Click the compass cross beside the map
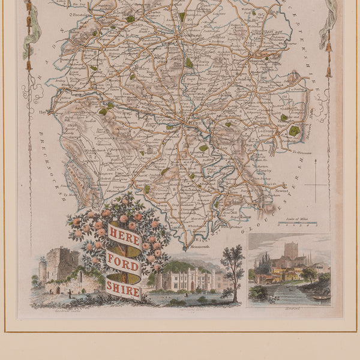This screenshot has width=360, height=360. tap(316, 185)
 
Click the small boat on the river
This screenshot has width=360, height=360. tap(320, 296)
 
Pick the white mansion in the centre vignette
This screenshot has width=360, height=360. tap(187, 279)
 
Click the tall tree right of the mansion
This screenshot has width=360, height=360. tap(232, 264)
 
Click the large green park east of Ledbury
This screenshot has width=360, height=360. tap(294, 130)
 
